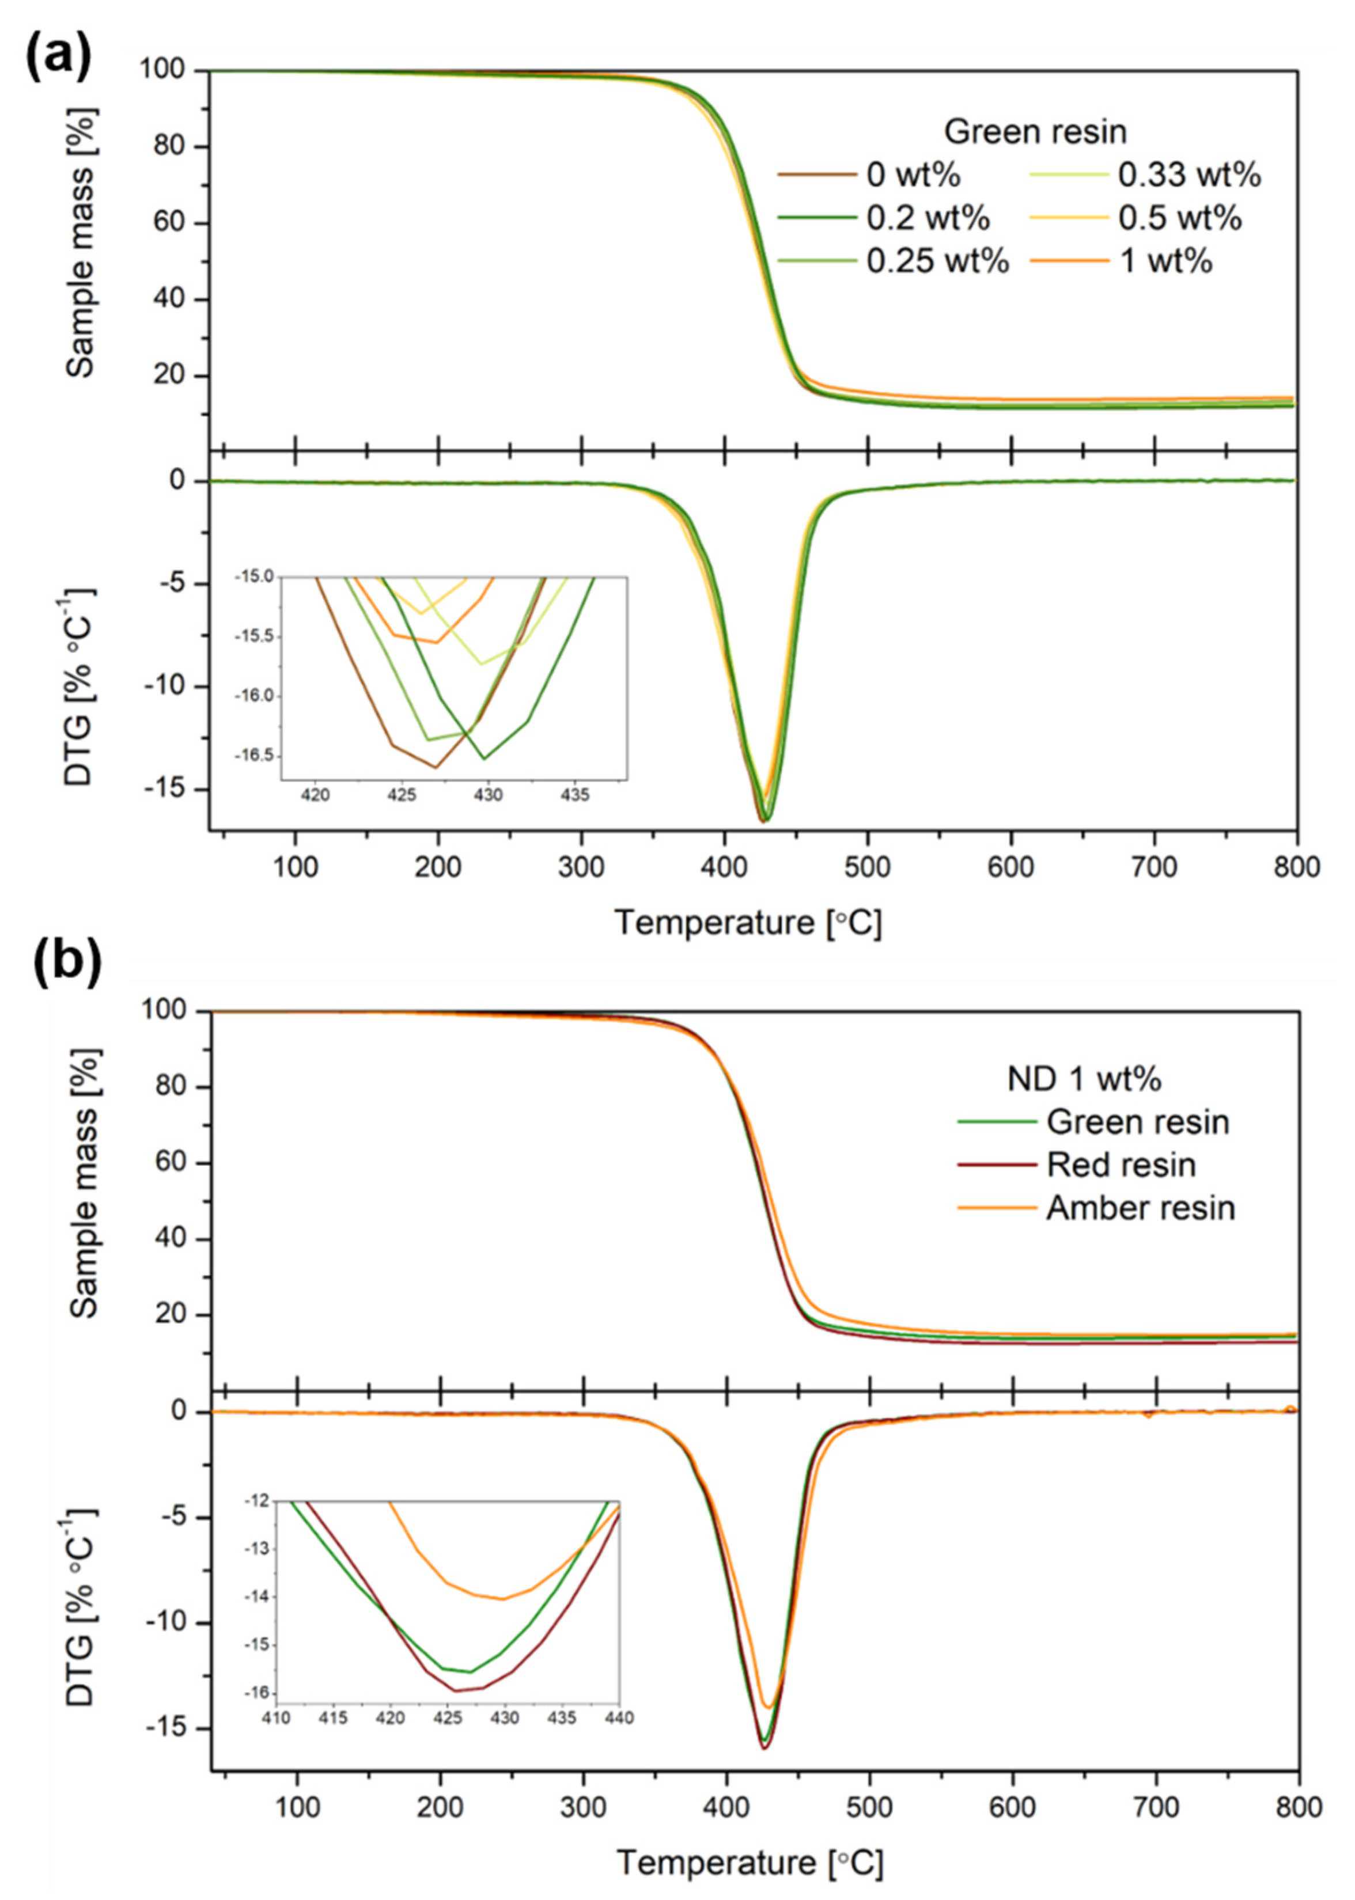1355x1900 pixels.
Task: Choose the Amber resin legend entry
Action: coord(1140,1208)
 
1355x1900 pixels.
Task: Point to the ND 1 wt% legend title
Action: coord(1084,1079)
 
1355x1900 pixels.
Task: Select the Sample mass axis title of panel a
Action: coord(81,242)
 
